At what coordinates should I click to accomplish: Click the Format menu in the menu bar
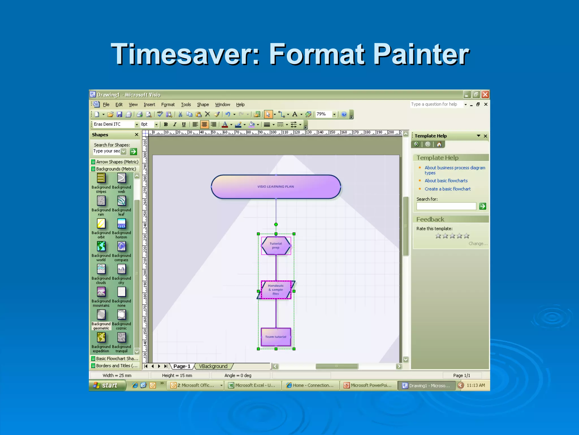168,105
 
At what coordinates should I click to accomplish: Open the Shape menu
203,105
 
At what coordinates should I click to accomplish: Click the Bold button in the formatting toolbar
166,124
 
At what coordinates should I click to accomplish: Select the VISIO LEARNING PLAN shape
276,187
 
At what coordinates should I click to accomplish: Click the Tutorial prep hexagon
276,246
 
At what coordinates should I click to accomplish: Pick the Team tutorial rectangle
276,337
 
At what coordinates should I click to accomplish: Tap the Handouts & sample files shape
276,290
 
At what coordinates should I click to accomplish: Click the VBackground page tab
213,366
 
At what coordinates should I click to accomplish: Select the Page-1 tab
182,366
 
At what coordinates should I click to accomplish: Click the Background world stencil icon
101,246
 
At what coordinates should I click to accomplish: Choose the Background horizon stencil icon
121,224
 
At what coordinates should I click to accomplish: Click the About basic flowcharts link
446,181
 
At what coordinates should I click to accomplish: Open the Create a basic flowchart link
448,189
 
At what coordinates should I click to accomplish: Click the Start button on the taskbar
107,385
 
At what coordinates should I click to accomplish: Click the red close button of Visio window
485,95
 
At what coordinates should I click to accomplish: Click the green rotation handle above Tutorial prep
276,225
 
